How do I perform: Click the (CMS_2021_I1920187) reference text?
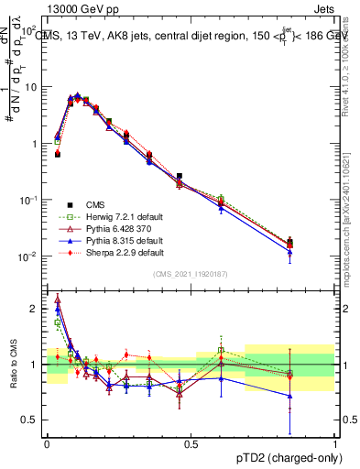191,274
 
